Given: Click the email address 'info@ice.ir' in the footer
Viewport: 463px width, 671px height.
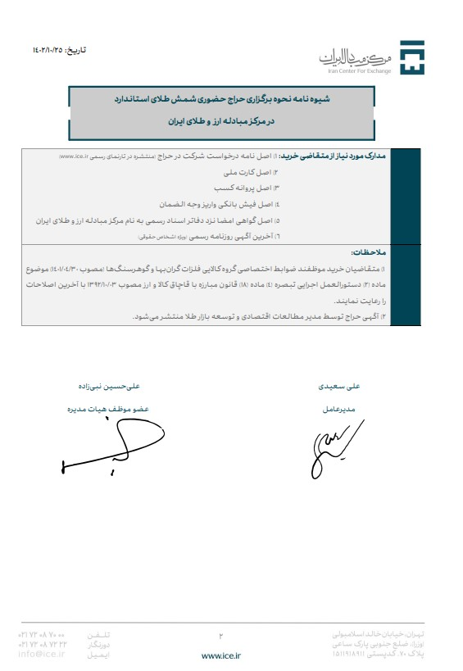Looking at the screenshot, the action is pos(41,654).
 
